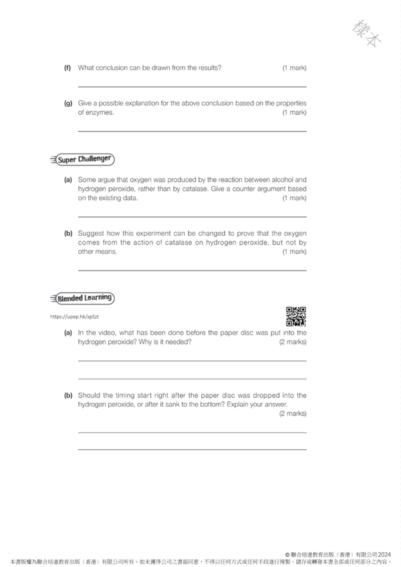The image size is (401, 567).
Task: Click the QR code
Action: coord(295,317)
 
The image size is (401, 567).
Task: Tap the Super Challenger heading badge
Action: coord(83,160)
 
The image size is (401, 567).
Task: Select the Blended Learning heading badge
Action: coord(83,298)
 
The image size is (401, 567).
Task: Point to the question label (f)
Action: coord(68,68)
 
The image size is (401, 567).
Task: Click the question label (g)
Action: coord(68,104)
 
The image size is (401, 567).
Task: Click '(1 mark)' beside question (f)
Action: coord(294,68)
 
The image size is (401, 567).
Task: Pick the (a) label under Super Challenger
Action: coord(68,180)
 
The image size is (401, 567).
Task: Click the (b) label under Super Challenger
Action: coord(68,234)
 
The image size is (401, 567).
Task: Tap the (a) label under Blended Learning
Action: coord(68,332)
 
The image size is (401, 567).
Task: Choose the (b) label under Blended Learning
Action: coord(68,395)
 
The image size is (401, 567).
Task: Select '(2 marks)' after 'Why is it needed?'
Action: coord(293,341)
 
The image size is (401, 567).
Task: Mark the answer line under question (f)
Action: coord(192,87)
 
